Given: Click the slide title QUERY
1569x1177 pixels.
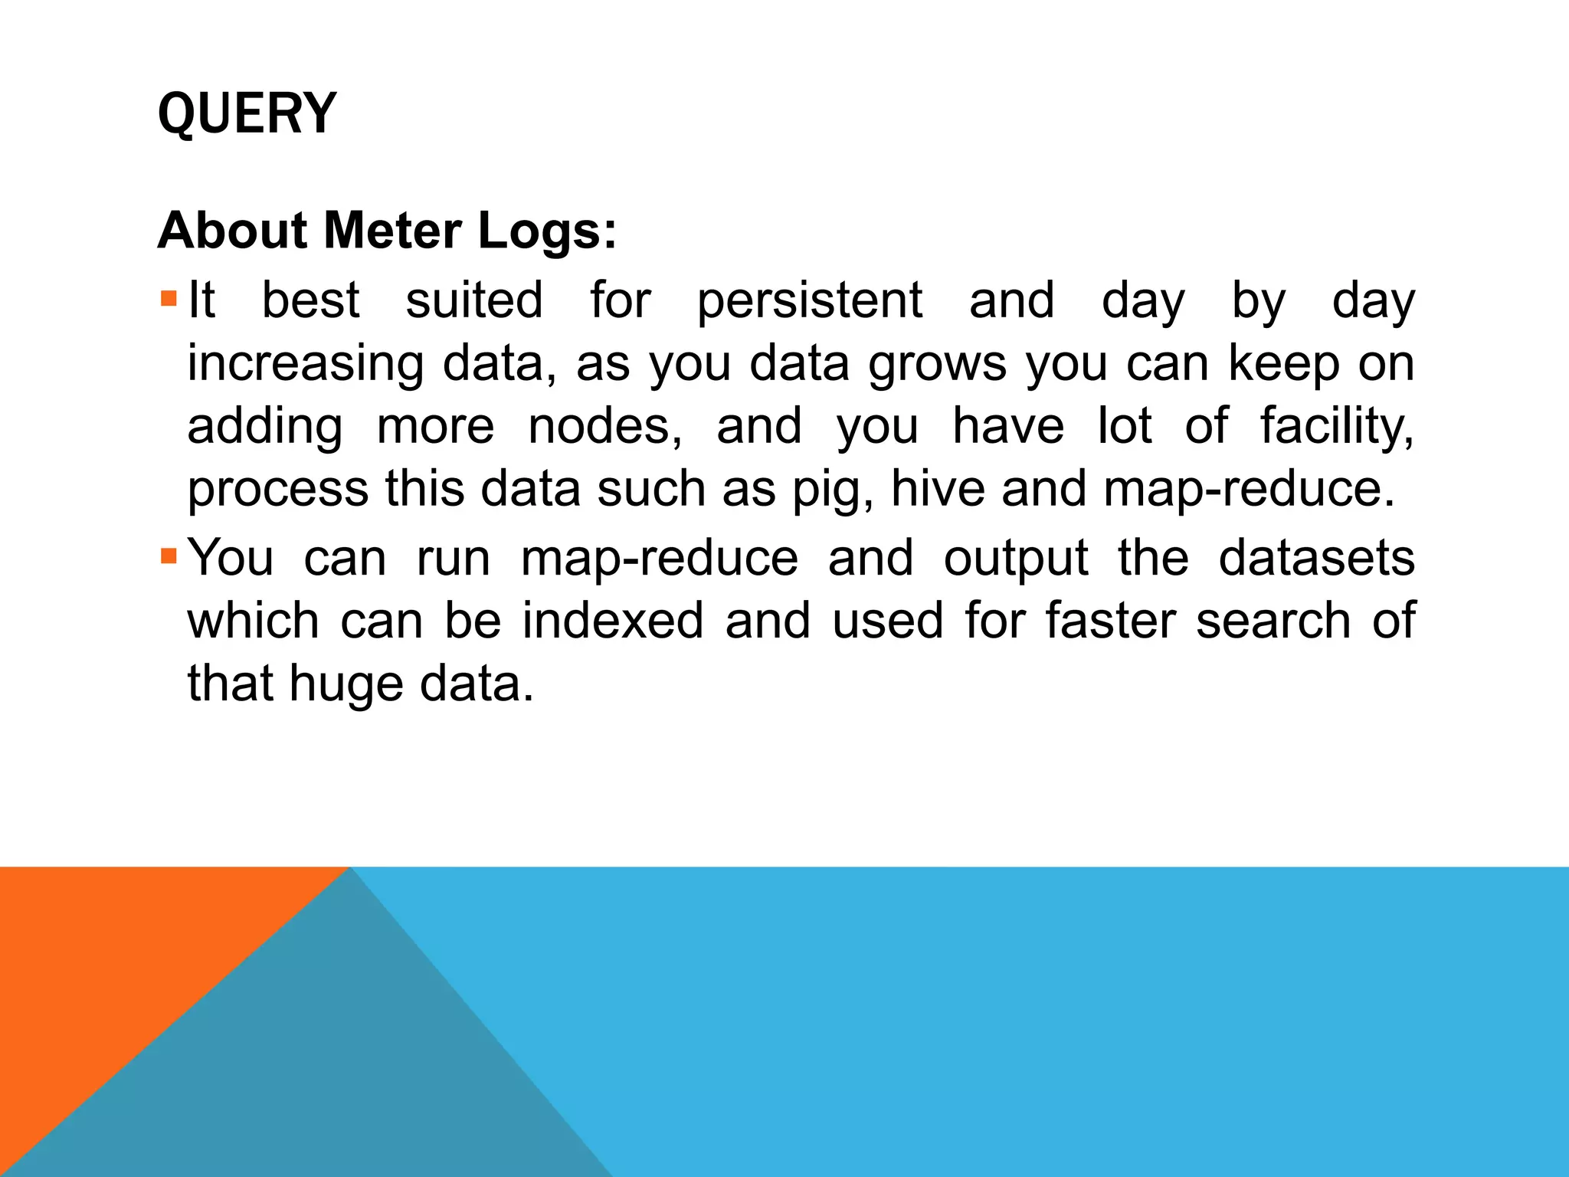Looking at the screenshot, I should [x=247, y=113].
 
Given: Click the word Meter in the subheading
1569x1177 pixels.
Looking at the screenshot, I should [x=391, y=231].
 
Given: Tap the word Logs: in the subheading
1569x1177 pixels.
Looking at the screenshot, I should [x=547, y=231].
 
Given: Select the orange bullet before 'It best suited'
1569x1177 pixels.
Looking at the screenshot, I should [x=169, y=297].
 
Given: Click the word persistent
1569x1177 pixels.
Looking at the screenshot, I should [x=809, y=300].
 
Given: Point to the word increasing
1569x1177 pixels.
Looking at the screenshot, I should [x=305, y=363].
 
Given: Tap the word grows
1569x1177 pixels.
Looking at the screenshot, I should [x=937, y=363].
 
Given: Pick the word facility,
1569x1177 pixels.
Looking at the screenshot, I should [x=1337, y=426].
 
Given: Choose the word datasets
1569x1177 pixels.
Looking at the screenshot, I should [x=1316, y=558].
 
